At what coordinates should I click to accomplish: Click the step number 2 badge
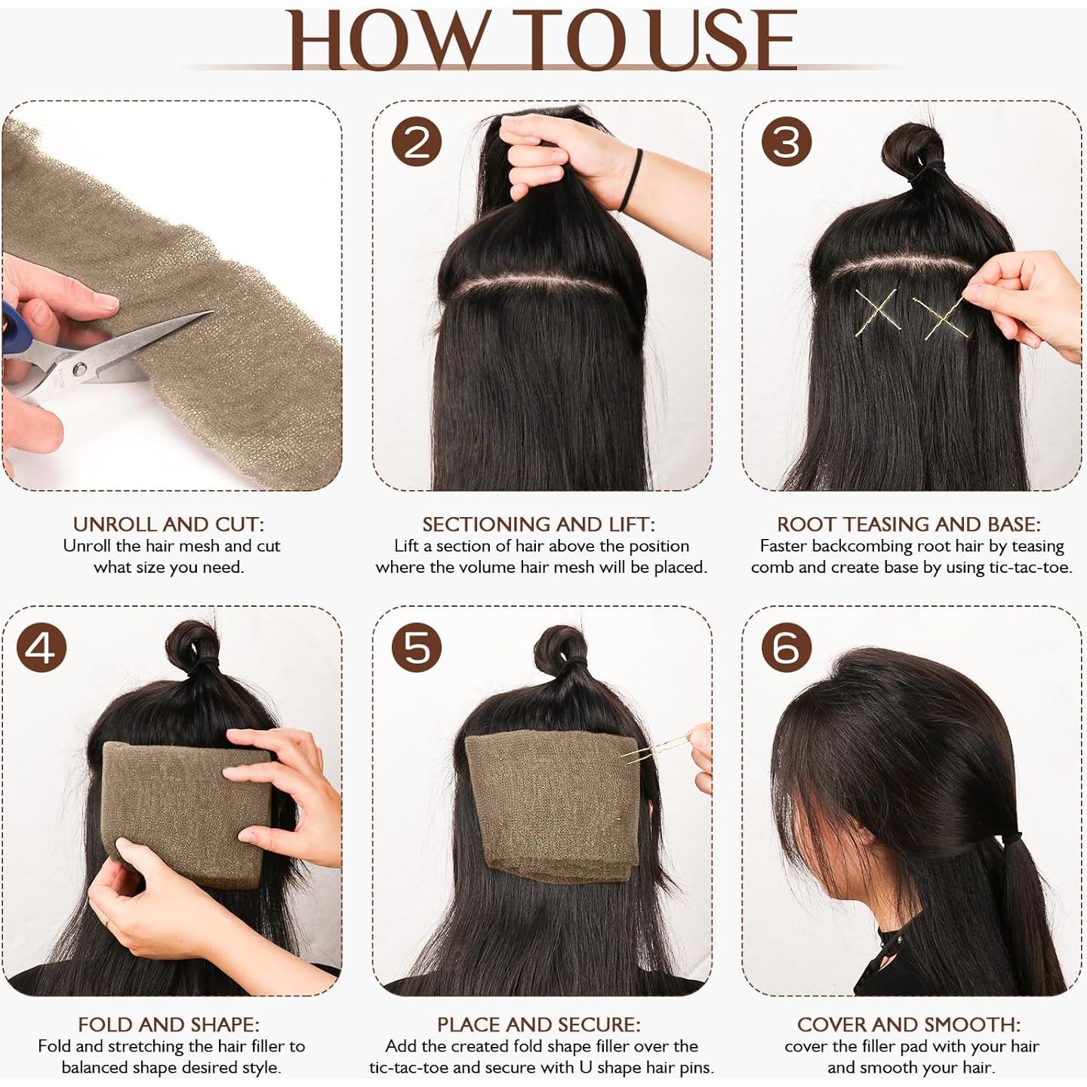pyautogui.click(x=416, y=142)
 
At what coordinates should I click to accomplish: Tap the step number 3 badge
pyautogui.click(x=786, y=142)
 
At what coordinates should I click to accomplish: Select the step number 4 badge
pyautogui.click(x=42, y=648)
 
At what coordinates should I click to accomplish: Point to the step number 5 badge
pyautogui.click(x=416, y=648)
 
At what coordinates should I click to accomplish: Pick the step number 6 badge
pyautogui.click(x=786, y=648)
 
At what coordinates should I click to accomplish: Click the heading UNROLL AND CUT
pyautogui.click(x=168, y=524)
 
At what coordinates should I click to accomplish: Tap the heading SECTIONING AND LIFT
pyautogui.click(x=538, y=524)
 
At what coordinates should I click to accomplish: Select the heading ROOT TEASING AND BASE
pyautogui.click(x=909, y=524)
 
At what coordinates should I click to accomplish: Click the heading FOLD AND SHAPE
pyautogui.click(x=168, y=1024)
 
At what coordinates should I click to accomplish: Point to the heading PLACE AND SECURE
pyautogui.click(x=538, y=1024)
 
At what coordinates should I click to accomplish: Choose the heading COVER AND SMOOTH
pyautogui.click(x=909, y=1024)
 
